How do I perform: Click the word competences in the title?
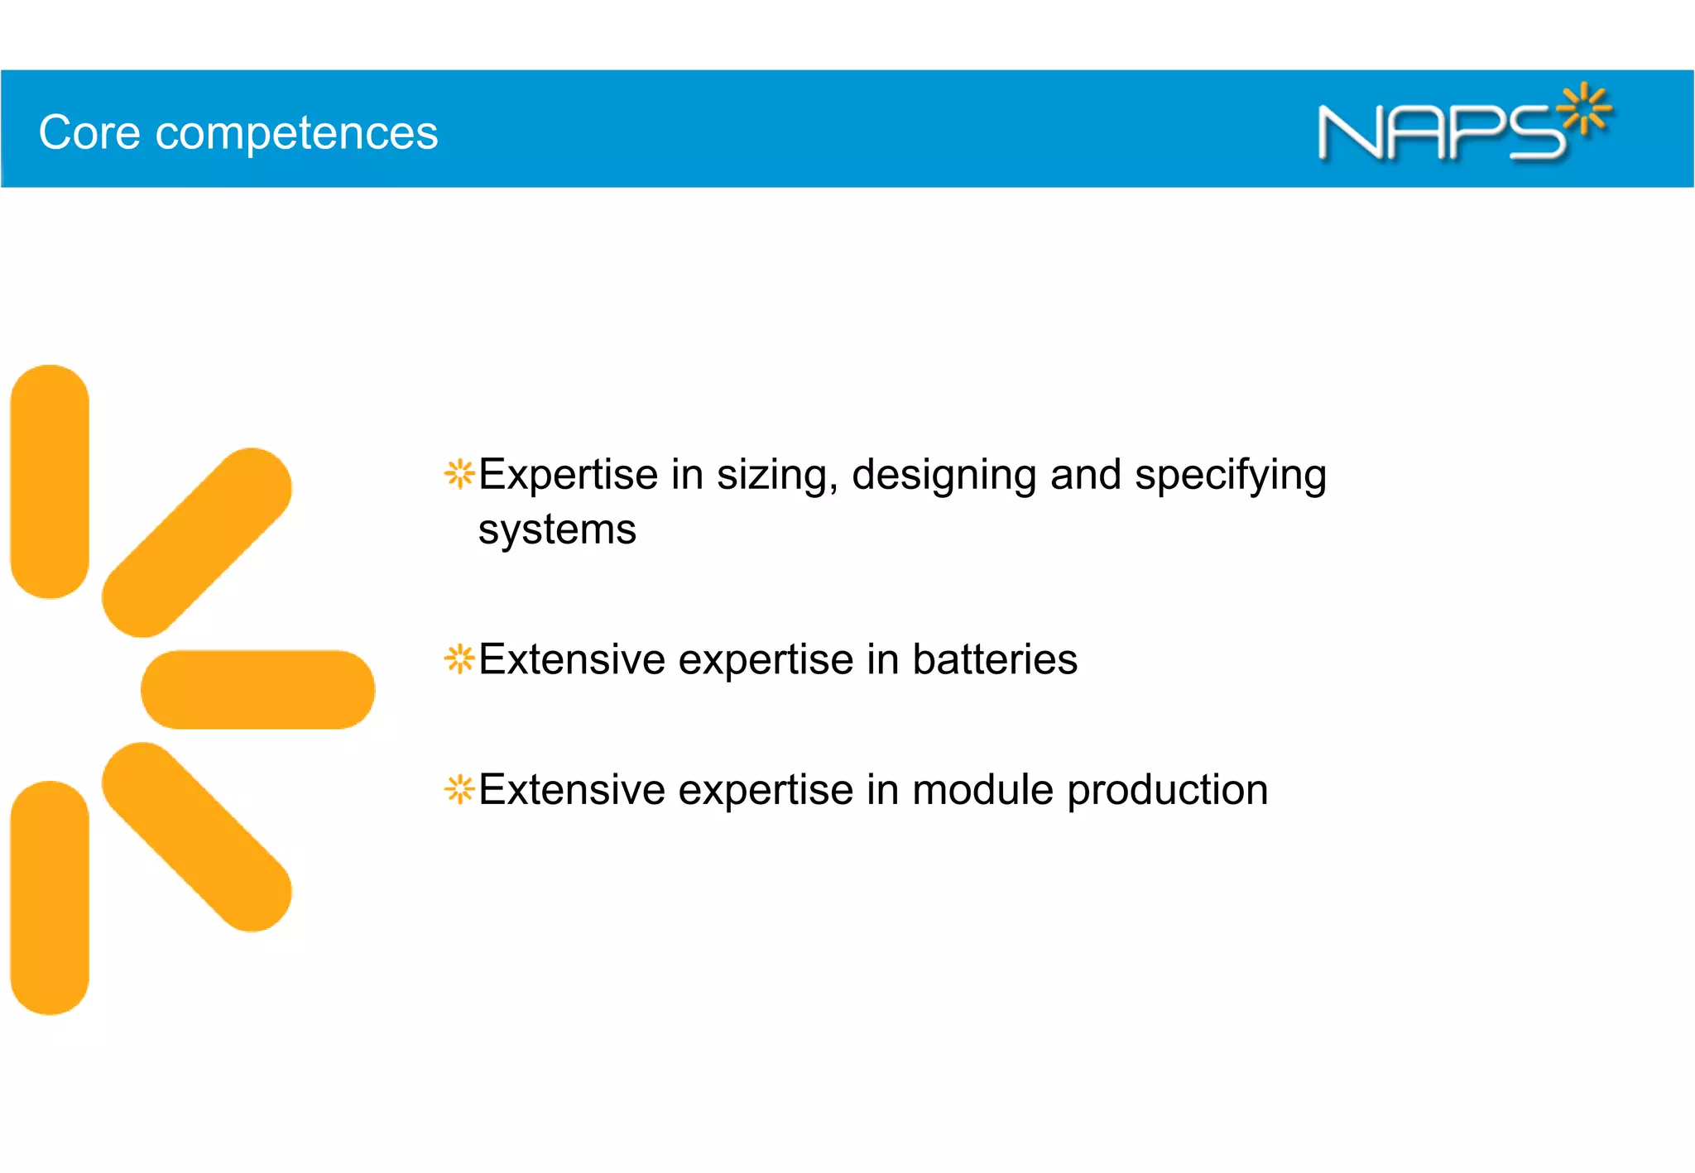296,134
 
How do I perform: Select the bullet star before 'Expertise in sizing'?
459,474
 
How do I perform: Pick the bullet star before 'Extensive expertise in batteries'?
459,659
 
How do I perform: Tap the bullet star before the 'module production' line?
459,789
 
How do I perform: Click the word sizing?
777,476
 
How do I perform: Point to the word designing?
944,476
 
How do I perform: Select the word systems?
557,530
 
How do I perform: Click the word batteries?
995,659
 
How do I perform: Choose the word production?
1167,791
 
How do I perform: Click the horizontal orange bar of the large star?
257,689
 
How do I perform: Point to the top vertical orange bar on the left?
50,481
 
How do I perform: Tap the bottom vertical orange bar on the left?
50,898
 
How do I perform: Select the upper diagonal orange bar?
197,543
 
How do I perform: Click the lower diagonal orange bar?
197,836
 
